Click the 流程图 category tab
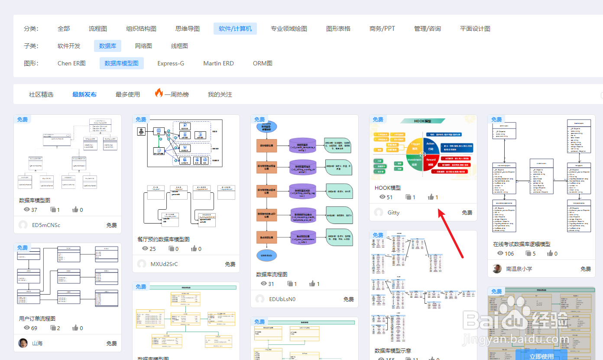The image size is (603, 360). pos(97,29)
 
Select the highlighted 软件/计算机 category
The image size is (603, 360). pos(235,29)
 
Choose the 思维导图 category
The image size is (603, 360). pos(188,29)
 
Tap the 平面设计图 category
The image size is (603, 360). pos(475,29)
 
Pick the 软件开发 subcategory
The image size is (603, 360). pos(69,46)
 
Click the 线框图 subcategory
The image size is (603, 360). pos(179,46)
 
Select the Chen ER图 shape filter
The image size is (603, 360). pos(71,63)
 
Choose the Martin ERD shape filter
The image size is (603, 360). pos(218,63)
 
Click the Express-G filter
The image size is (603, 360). pos(171,63)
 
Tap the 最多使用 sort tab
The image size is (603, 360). pos(128,94)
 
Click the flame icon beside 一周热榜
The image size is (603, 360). pos(159,93)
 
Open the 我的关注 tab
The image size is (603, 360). pos(220,94)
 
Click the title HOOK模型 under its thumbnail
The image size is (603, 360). pos(388,188)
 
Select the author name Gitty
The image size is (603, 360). pos(393,213)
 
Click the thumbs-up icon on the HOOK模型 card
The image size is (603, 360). pos(431,197)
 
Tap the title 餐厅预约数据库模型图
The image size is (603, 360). pos(163,239)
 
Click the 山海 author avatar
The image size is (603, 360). pos(23,343)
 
